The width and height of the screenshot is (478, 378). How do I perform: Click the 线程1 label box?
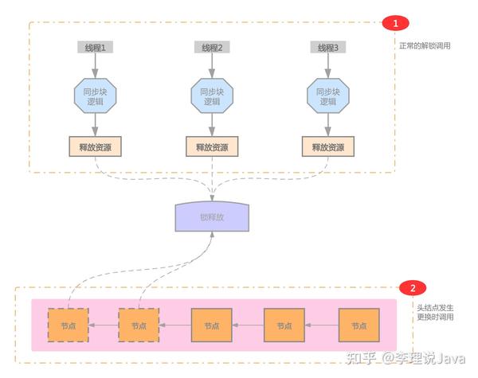pos(96,48)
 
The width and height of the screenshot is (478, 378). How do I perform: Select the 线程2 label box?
pos(212,48)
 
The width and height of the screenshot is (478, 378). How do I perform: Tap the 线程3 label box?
pos(328,48)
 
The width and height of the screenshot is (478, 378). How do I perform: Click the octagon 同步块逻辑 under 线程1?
pos(96,95)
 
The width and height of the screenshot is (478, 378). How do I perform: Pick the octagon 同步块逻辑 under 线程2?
pos(212,95)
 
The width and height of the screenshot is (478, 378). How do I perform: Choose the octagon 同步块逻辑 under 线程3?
pos(328,95)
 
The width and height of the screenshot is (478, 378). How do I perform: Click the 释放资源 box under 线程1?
pos(96,146)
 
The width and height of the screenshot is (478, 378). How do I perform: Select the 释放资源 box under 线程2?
pos(212,146)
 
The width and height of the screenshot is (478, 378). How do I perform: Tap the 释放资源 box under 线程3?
pos(328,146)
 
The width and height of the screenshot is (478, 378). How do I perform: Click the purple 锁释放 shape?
pos(213,216)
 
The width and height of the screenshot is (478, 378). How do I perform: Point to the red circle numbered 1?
pos(396,24)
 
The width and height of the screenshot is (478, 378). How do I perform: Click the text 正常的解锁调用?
pos(425,45)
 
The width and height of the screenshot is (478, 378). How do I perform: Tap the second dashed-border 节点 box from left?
pos(139,325)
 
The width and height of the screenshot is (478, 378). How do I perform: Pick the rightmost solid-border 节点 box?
pos(357,325)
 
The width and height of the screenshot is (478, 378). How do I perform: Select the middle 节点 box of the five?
pos(211,325)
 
